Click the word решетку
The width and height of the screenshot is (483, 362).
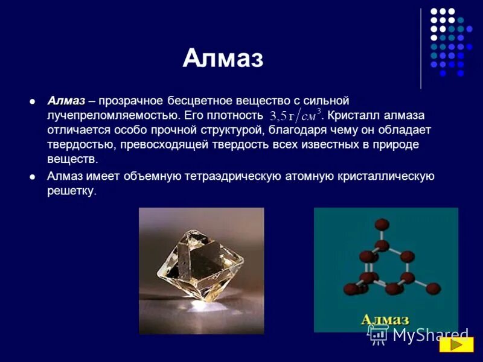[x=71, y=191]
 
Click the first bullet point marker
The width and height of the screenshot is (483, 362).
[x=33, y=100]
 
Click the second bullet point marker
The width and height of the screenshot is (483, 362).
[x=33, y=177]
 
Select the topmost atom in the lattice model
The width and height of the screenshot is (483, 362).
[x=381, y=224]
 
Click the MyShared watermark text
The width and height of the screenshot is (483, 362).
[x=430, y=335]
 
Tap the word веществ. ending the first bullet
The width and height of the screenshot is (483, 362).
[x=72, y=159]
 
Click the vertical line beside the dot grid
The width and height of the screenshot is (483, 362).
[x=421, y=48]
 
